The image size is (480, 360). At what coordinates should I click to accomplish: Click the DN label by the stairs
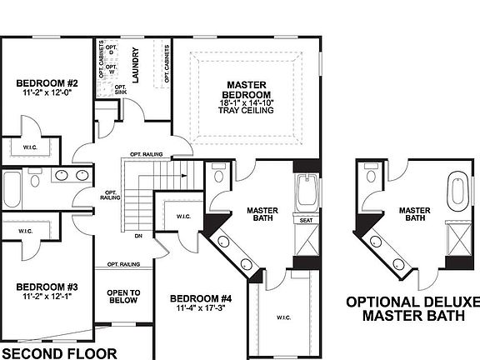pos(137,236)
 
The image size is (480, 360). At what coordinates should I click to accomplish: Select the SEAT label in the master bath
pos(306,220)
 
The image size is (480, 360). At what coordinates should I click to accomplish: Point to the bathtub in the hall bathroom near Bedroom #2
pos(12,189)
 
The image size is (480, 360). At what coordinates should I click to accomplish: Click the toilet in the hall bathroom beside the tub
pos(35,179)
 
